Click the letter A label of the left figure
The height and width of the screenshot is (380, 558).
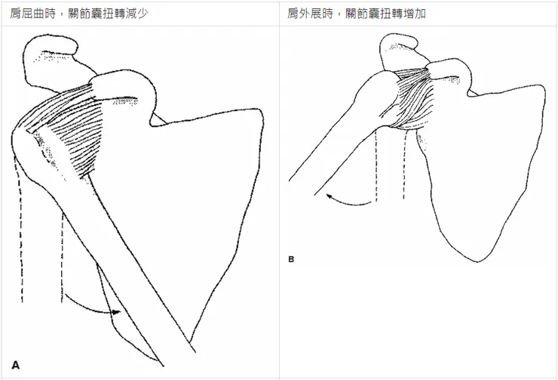(15, 365)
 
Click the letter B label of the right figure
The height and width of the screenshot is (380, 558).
(291, 260)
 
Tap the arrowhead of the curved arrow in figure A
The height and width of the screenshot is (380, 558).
(116, 312)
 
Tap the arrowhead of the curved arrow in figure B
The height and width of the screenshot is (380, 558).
(330, 196)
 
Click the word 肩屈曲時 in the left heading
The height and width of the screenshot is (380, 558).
(32, 14)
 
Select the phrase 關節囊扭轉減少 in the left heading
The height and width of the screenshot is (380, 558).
(108, 14)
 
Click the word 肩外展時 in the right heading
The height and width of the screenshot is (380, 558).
(310, 14)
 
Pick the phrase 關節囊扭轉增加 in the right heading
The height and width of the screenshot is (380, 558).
(385, 14)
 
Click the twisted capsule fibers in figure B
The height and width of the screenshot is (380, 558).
(412, 98)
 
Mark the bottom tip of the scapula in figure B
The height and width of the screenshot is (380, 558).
(477, 262)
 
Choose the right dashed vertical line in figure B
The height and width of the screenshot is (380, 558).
(404, 165)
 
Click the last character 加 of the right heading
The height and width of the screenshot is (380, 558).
(420, 14)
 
